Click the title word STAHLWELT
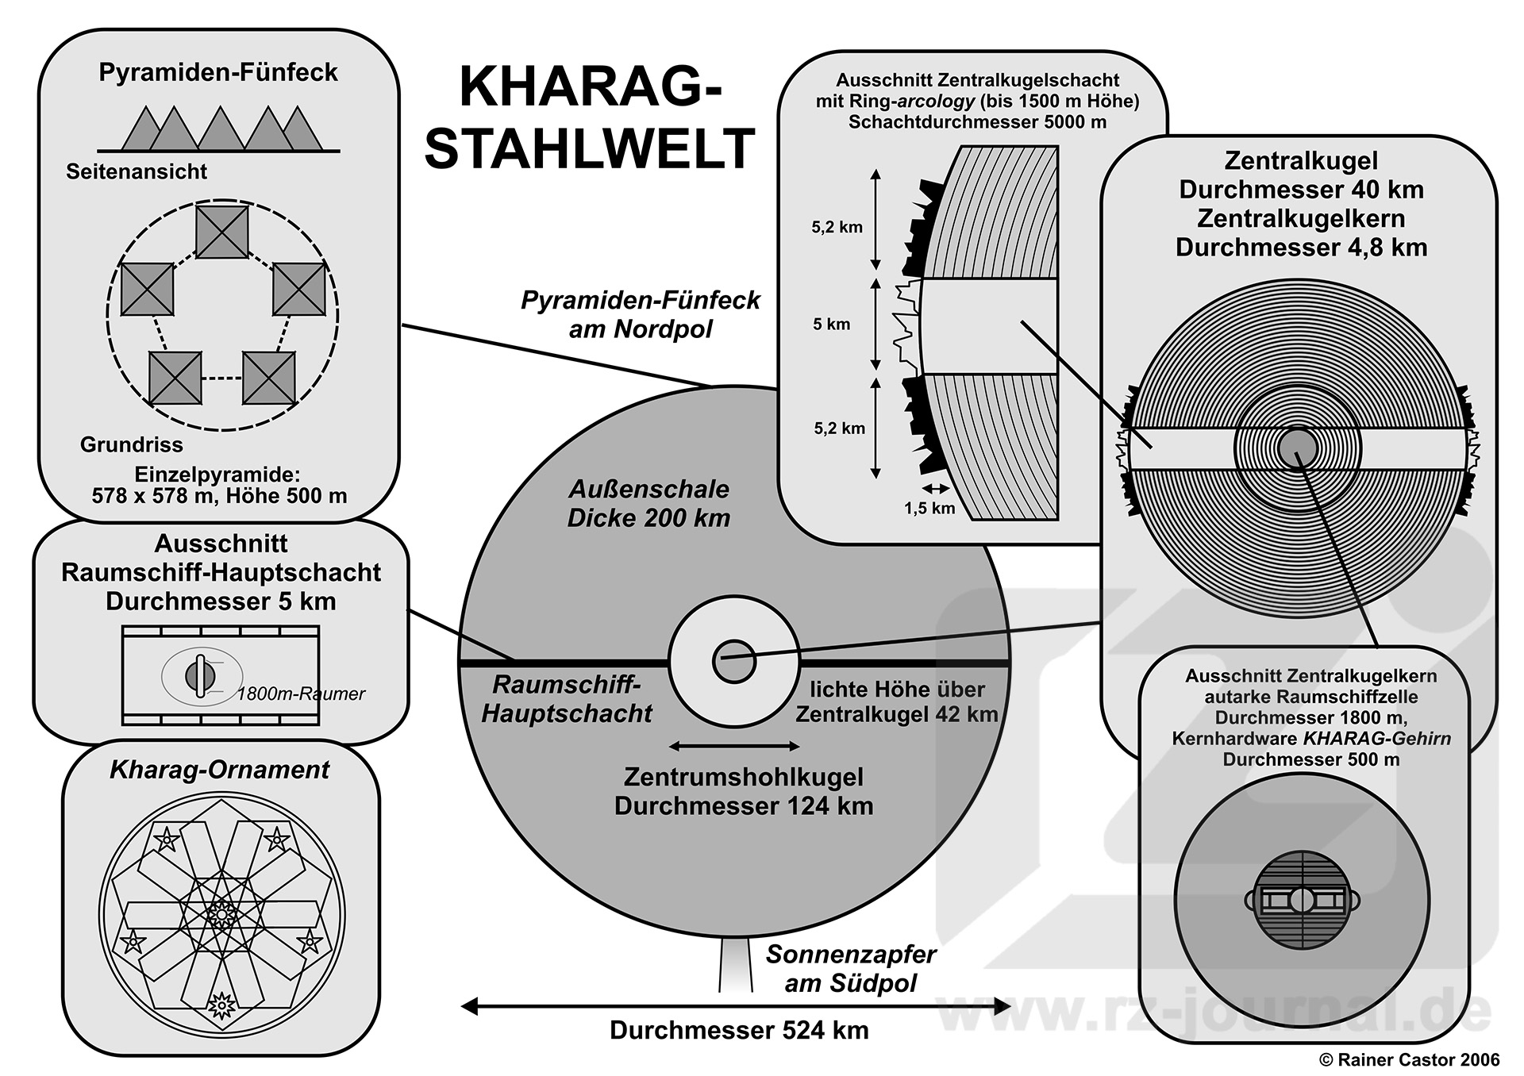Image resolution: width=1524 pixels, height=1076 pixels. click(x=589, y=148)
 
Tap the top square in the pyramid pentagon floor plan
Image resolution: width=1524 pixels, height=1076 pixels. click(x=221, y=232)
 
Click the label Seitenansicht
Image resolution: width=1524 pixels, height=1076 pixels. click(x=137, y=171)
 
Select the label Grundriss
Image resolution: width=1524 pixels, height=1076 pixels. click(x=131, y=444)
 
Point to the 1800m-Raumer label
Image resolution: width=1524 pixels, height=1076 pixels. click(x=301, y=694)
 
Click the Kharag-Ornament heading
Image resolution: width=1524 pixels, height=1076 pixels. click(x=219, y=770)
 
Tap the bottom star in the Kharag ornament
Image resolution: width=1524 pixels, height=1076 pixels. click(x=221, y=1005)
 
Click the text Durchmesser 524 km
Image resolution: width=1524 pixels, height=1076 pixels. click(x=739, y=1030)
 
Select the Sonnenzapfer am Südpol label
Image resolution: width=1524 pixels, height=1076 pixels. click(x=850, y=968)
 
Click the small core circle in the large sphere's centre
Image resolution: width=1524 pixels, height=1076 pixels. click(x=734, y=661)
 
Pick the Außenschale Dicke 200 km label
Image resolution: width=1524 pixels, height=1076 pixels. click(x=648, y=503)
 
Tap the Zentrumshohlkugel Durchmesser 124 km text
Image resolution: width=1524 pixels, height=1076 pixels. click(x=744, y=791)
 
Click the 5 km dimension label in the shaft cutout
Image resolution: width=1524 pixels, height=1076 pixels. click(x=831, y=324)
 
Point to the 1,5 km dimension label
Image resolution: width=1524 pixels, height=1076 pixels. click(x=929, y=508)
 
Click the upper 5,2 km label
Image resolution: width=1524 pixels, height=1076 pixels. click(x=837, y=227)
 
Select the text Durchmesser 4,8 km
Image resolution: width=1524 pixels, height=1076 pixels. click(x=1301, y=247)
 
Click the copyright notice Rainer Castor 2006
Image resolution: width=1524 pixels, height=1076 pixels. click(x=1409, y=1059)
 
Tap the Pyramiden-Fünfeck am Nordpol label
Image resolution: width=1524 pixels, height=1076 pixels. click(x=640, y=314)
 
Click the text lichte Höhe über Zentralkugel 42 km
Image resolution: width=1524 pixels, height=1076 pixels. click(x=897, y=701)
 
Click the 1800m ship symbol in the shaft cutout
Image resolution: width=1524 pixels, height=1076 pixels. click(x=200, y=676)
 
